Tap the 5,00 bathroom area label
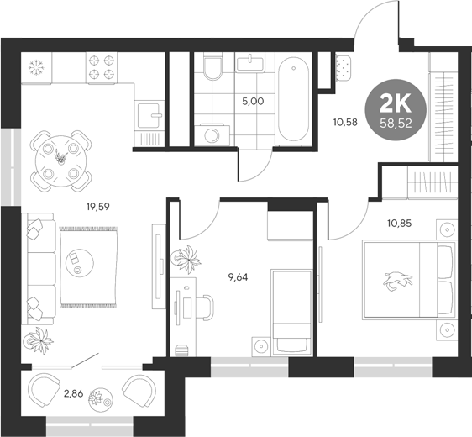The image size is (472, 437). click(x=253, y=102)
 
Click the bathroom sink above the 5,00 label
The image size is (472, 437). click(x=251, y=64)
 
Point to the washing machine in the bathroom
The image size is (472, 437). click(x=210, y=133)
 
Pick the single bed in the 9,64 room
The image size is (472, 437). click(x=291, y=311)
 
